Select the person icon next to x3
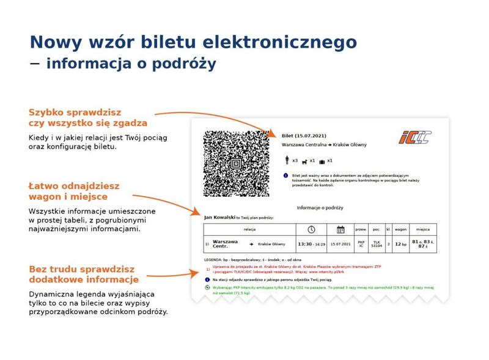287,161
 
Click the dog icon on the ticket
304,161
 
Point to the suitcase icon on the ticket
322,161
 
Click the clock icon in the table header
311,230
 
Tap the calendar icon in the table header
340,230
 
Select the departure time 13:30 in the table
304,243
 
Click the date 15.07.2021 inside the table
340,243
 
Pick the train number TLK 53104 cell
377,243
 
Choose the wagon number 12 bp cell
400,243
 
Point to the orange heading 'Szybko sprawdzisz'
75,112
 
